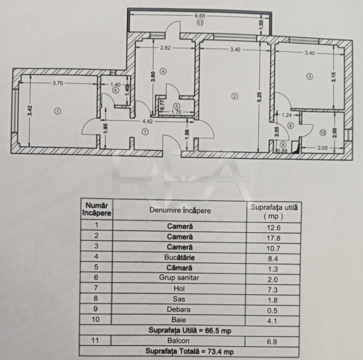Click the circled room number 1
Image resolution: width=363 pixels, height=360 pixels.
pos(58,111)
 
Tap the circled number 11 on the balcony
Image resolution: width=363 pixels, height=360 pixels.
pos(200,22)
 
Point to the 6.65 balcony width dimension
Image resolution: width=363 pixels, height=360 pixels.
pos(200,16)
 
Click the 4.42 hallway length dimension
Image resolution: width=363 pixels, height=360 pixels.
pos(147,121)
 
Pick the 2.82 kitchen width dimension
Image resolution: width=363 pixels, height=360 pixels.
pos(166,48)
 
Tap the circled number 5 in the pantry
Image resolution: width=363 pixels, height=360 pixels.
pos(177,106)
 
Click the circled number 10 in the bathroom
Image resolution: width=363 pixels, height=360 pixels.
pos(323,133)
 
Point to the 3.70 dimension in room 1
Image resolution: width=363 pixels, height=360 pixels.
pos(58,83)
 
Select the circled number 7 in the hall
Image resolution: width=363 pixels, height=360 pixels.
pos(145,132)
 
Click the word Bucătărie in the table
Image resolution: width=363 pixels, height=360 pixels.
pos(180,257)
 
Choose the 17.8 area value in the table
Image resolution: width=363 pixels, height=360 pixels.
pos(273,238)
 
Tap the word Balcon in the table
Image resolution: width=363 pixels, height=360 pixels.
pos(178,341)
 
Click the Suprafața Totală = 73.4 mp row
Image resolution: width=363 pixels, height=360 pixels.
pos(189,352)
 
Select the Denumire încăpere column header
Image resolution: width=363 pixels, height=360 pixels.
pos(180,210)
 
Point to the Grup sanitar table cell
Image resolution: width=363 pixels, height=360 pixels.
pos(179,277)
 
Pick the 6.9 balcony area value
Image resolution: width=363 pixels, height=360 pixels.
pos(272,342)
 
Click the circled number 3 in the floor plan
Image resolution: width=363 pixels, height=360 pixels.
pos(310,76)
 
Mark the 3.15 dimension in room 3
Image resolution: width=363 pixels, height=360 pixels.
pos(333,77)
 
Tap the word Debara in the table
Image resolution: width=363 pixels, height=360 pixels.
pos(179,309)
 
